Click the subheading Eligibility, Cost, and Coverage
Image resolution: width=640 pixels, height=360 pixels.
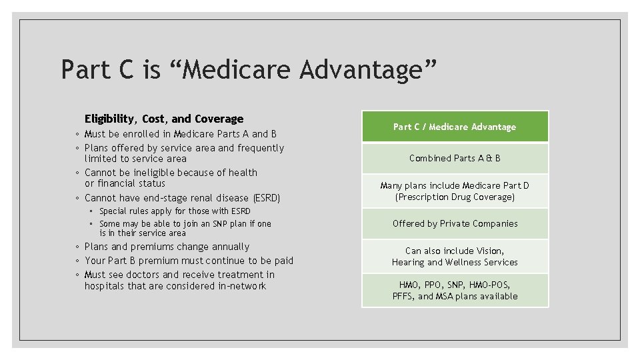(164, 119)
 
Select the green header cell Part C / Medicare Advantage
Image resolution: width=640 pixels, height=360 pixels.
(455, 127)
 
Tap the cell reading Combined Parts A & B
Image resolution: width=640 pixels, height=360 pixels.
(455, 158)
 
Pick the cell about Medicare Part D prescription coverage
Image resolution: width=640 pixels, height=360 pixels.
(455, 191)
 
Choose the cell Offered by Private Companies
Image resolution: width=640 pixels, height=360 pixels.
(455, 223)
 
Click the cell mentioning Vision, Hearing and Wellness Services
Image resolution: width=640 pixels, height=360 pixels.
(455, 257)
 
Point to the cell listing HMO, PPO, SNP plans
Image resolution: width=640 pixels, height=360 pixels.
(455, 290)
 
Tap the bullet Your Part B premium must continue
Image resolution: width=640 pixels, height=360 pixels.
(189, 261)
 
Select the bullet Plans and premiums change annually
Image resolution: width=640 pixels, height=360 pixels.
(167, 247)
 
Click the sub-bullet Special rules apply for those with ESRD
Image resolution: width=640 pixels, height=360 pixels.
(175, 211)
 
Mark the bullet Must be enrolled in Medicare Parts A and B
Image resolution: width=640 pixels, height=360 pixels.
(180, 134)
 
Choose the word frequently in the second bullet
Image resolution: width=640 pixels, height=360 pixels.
(261, 148)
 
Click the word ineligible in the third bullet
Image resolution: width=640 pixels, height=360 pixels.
(146, 173)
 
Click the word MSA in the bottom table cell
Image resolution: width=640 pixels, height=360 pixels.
(445, 296)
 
